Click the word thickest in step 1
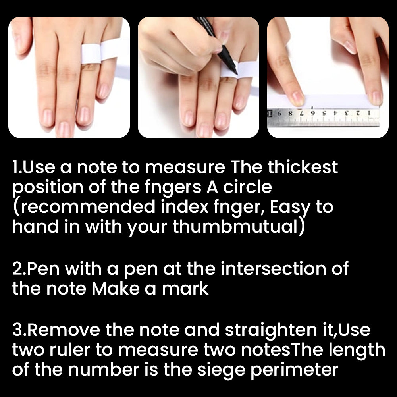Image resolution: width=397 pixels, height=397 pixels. click(303, 167)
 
